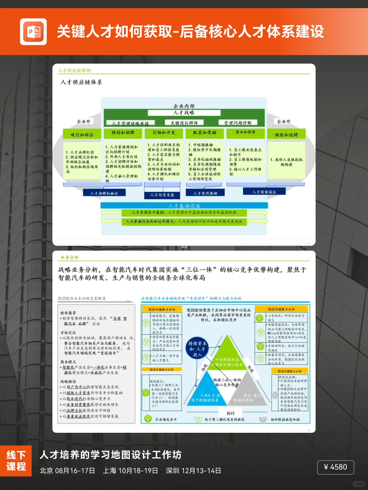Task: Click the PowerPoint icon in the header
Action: pos(33,32)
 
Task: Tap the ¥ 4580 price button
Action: pos(335,467)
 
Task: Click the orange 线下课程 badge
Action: pos(16,461)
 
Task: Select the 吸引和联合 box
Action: pos(82,134)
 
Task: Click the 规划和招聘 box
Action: pos(123,133)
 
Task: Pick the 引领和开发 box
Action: pos(164,133)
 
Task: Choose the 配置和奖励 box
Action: pos(205,133)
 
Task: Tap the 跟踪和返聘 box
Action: pos(286,135)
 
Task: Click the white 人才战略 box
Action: pos(184,113)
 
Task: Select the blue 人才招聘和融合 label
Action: pos(104,193)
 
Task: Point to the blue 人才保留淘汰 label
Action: pos(264,192)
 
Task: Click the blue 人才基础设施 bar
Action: pos(184,206)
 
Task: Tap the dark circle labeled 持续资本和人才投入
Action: pos(197,349)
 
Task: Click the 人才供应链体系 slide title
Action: pos(81,82)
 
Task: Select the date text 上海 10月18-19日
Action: pos(131,471)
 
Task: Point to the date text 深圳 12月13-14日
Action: pos(194,471)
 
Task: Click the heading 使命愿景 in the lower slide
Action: pos(68,313)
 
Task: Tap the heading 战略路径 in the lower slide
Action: pos(68,381)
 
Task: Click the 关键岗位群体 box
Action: pos(184,123)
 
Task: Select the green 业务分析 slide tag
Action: pos(70,257)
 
